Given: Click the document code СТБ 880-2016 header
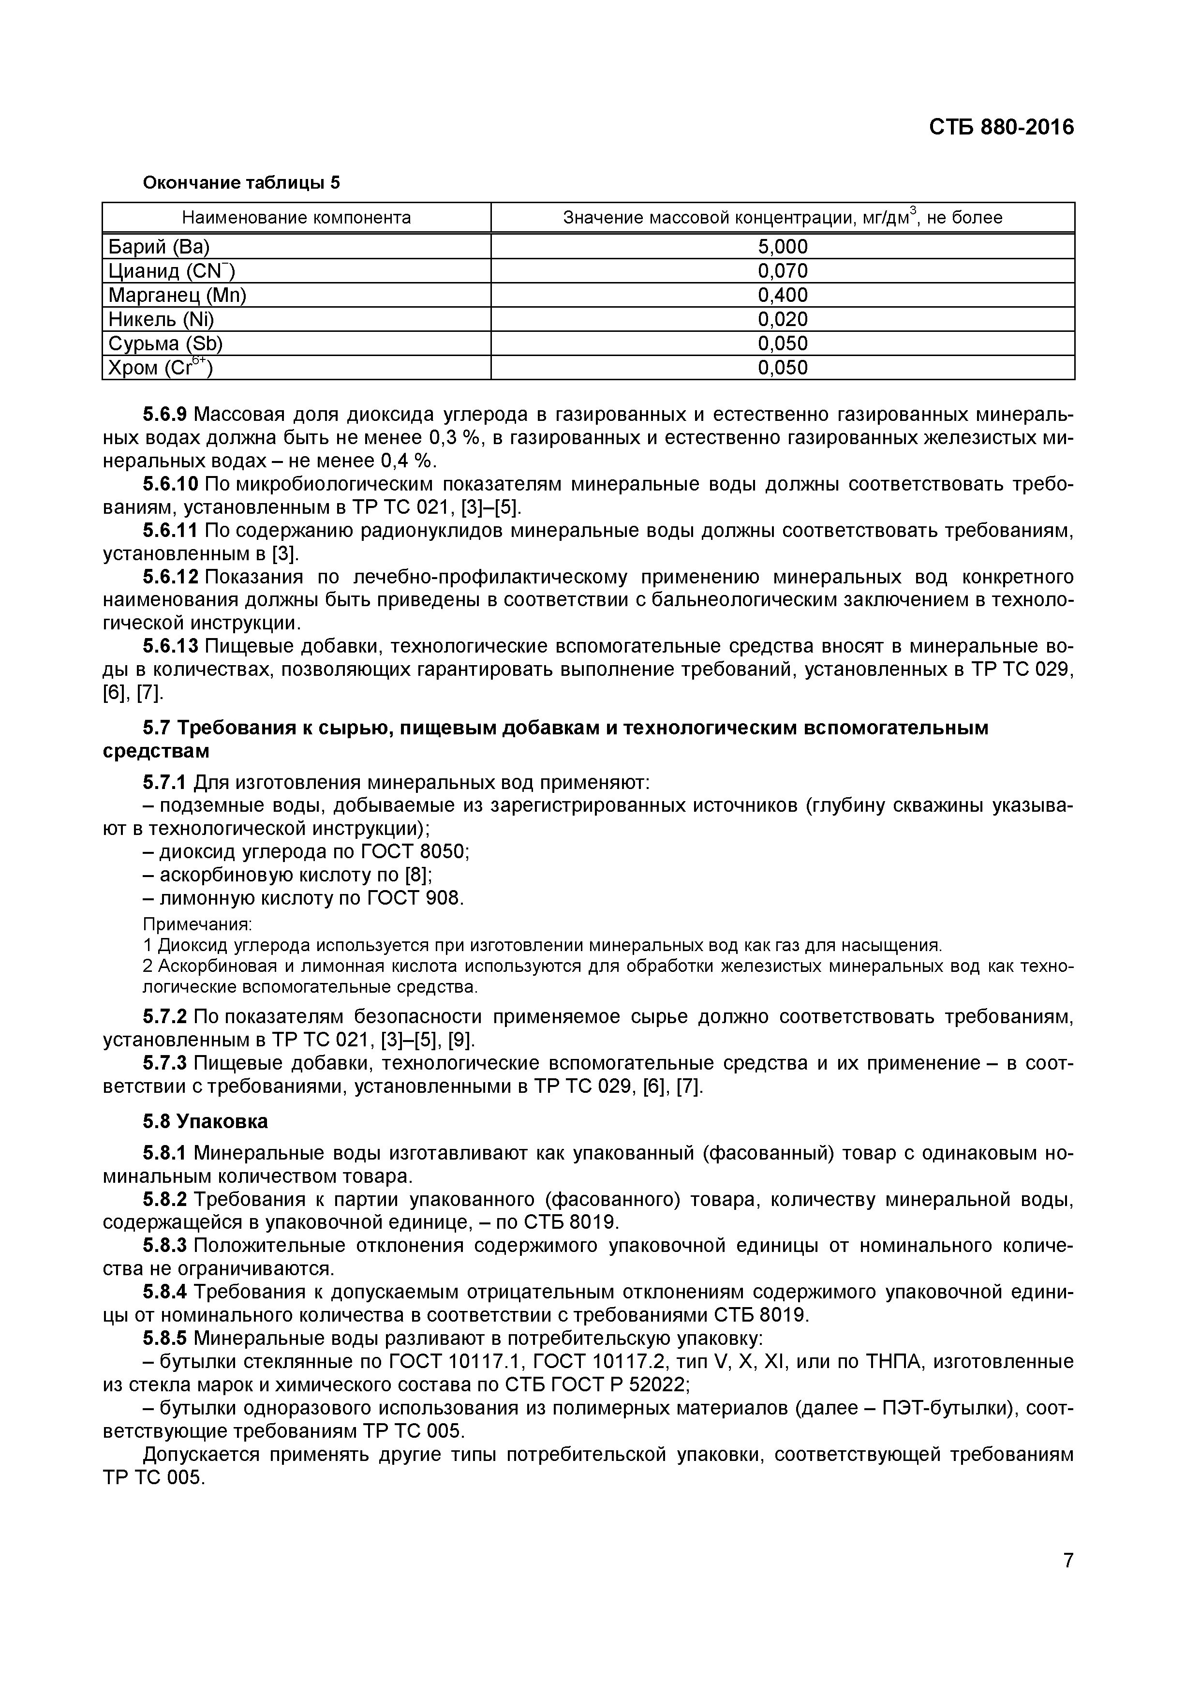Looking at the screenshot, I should point(1001,128).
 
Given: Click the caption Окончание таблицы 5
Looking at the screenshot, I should point(241,182).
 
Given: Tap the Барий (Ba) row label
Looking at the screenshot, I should point(159,247).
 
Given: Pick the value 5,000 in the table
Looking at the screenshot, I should point(783,247).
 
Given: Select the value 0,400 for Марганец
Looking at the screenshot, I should point(783,296).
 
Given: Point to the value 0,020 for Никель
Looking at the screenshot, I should point(783,319).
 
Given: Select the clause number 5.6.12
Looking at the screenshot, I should point(170,577).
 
